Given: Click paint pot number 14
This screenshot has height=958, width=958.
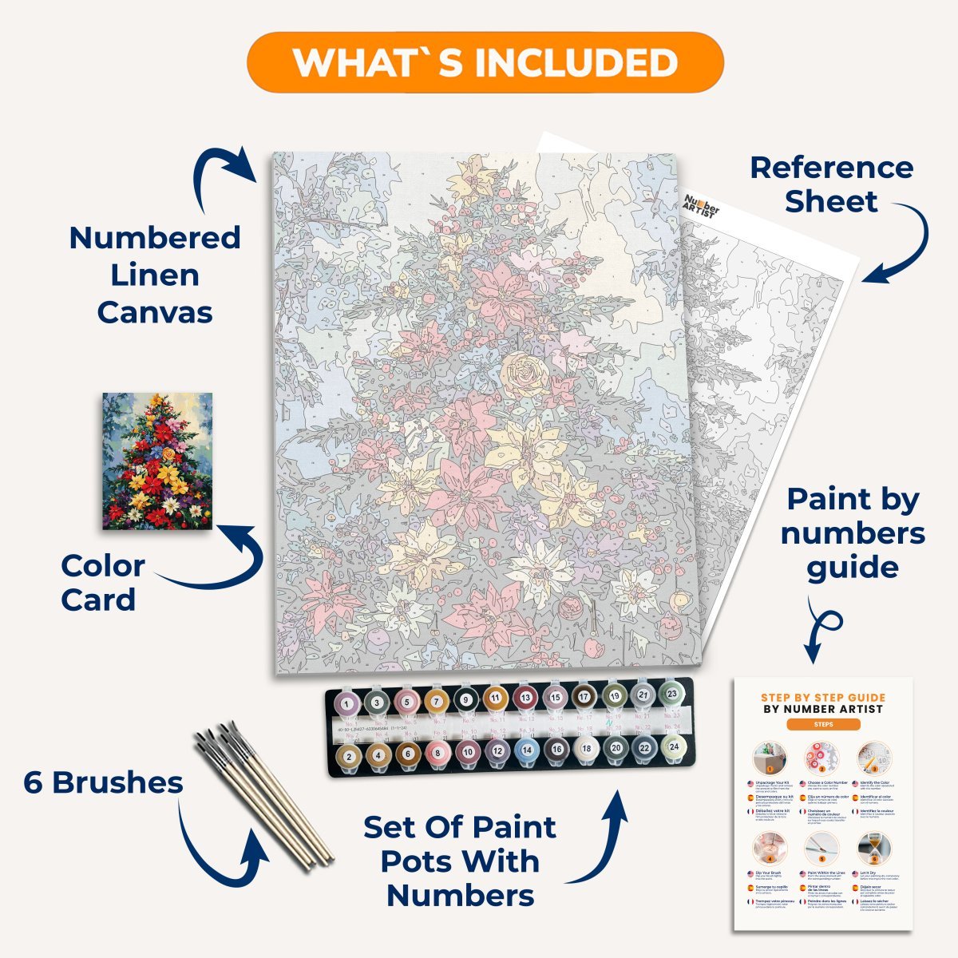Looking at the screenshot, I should click(527, 750).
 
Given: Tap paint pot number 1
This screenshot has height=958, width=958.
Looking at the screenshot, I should click(348, 704).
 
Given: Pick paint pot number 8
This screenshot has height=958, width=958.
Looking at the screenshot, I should click(437, 751).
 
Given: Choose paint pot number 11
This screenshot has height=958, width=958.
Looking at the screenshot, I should click(495, 699).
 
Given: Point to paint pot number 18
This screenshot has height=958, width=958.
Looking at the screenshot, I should click(586, 749).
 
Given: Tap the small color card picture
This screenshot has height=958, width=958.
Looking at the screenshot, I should click(158, 461).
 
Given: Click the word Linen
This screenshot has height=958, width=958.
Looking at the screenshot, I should click(155, 275).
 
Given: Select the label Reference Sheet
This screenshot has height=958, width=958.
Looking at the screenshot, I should click(831, 184).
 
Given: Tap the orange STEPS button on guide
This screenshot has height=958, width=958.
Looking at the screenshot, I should click(823, 724).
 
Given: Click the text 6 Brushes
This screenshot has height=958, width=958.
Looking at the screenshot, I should click(103, 782).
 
